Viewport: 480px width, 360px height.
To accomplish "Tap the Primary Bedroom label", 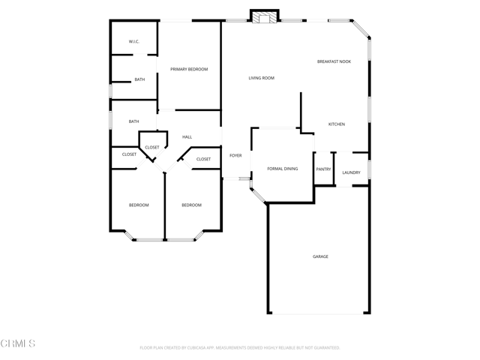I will [189, 69].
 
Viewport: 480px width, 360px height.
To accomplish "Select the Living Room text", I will [262, 78].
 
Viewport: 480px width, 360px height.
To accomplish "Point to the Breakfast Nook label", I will [334, 61].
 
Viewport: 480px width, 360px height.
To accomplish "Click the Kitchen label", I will [337, 124].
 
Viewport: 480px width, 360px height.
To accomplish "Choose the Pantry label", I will [323, 169].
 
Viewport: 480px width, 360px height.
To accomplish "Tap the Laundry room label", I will [351, 172].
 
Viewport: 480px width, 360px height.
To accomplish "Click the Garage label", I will [320, 256].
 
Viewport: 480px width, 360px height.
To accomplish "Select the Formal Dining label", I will [283, 169].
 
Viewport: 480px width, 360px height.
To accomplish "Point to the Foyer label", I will [235, 155].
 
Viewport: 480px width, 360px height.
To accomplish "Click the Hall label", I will [187, 136].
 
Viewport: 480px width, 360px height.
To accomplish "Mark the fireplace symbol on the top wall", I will [264, 17].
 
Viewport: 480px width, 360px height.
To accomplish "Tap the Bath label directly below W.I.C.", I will [139, 79].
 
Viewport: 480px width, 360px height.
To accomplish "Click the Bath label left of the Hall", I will [133, 121].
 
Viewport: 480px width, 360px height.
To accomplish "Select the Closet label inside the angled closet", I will [152, 147].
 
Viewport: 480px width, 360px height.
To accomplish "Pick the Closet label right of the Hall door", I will [204, 159].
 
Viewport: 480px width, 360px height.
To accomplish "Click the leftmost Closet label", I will [129, 154].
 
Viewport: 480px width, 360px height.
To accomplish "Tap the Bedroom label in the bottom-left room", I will [139, 205].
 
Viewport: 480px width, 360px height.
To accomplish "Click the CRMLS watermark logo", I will [18, 343].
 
